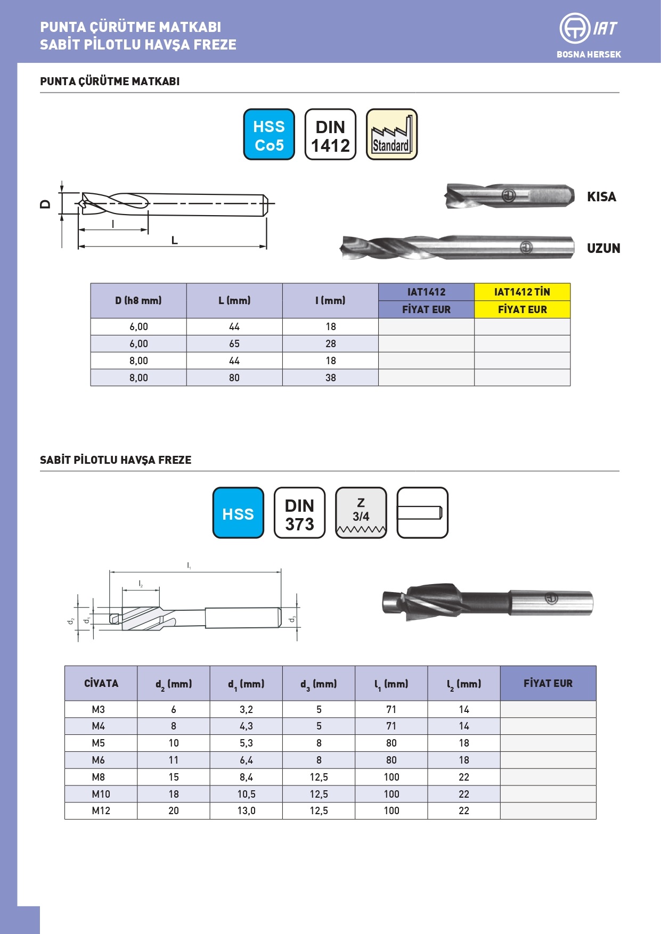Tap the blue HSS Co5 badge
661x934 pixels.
pos(269,134)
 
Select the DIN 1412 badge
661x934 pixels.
pos(330,134)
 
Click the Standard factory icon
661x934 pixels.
pos(391,134)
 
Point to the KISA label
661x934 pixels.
pos(601,197)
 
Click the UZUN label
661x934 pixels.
pos(603,249)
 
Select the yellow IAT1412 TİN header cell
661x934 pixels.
pos(522,292)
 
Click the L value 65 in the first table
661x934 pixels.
pos(234,344)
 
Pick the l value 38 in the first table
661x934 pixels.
pos(331,378)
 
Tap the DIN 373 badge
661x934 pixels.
pos(299,513)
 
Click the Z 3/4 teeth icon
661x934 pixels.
pos(361,513)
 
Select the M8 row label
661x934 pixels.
pos(99,777)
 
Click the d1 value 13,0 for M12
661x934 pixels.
pos(246,811)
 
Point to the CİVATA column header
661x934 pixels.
pos(101,684)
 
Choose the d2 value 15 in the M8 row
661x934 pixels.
pos(174,777)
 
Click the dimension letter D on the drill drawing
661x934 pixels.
pos(46,204)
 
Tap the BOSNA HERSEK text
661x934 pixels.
pos(589,54)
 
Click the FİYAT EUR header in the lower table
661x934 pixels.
pos(548,684)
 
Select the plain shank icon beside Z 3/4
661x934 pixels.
pos(422,513)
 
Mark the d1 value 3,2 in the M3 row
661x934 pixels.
pos(246,710)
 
